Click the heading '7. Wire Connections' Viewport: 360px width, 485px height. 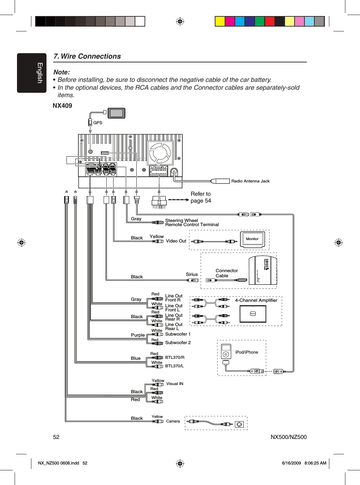(87, 56)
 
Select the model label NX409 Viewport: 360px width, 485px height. (62, 106)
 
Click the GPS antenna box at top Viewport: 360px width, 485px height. (117, 113)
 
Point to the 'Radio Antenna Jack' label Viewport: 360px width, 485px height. (250, 181)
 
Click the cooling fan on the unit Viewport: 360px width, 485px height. (160, 153)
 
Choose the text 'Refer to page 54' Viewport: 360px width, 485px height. (201, 197)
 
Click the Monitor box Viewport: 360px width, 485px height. (252, 239)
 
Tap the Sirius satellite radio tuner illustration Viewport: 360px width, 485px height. (263, 270)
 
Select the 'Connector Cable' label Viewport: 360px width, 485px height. (227, 273)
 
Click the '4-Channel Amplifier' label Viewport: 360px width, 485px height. (256, 300)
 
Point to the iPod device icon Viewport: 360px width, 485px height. (226, 351)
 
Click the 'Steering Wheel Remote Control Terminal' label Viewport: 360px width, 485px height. (192, 222)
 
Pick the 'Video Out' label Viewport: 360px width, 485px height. (176, 241)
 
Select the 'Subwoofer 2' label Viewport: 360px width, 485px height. (178, 343)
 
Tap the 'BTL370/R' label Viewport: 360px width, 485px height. (175, 357)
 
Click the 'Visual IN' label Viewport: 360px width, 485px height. (175, 384)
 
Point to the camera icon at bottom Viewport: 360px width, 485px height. (239, 424)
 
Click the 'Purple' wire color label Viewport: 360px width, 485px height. (138, 335)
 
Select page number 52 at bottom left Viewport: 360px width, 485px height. (56, 437)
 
